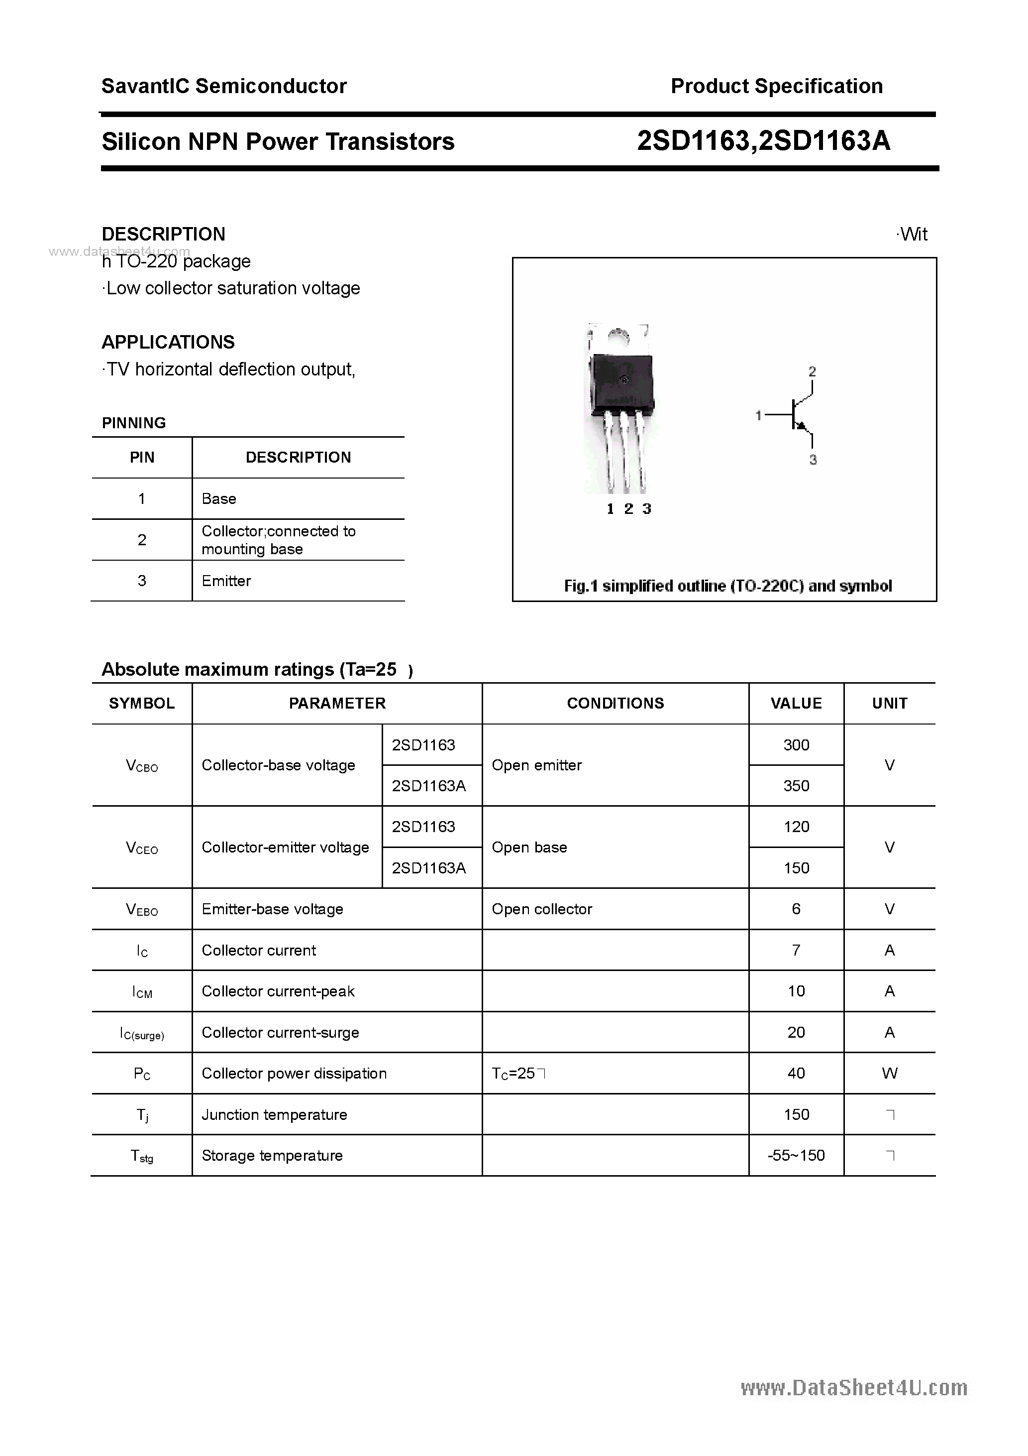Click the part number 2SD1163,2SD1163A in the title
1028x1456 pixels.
click(x=763, y=141)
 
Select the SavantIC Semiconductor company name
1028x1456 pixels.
click(x=224, y=86)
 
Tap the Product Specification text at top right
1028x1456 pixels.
click(x=776, y=86)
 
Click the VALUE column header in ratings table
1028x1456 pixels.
click(x=796, y=703)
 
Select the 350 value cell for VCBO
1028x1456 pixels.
click(x=796, y=786)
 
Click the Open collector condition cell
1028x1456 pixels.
click(x=542, y=909)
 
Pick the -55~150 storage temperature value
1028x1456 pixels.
click(x=796, y=1155)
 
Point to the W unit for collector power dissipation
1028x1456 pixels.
click(x=889, y=1073)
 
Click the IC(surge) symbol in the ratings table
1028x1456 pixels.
click(x=142, y=1033)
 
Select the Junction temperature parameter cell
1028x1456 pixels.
click(x=275, y=1114)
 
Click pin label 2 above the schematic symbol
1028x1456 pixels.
click(x=812, y=371)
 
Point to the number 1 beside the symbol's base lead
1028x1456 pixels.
click(x=758, y=415)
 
